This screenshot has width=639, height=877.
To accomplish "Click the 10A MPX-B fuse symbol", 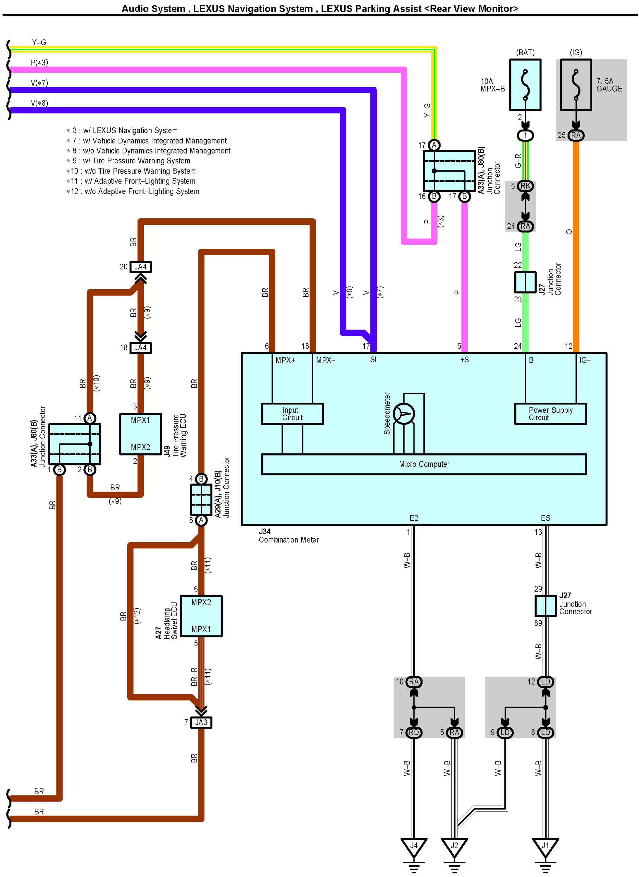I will [525, 85].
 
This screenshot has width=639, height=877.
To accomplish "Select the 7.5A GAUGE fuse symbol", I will [576, 85].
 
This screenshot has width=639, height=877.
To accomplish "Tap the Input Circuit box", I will [292, 414].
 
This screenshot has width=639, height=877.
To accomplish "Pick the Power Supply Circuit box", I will [550, 414].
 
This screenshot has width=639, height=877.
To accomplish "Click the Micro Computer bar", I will [424, 464].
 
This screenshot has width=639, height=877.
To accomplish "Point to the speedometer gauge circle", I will [404, 414].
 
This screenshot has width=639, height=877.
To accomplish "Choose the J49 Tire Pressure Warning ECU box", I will [140, 434].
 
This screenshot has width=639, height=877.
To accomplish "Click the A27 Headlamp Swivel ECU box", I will [201, 616].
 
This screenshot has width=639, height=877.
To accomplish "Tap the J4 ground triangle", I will [414, 846].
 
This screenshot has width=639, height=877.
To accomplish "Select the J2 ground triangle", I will [454, 846].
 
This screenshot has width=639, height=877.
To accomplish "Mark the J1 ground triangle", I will [545, 846].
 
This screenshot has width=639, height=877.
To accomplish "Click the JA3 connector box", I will [201, 722].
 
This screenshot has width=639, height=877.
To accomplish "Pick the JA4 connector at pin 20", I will [140, 267].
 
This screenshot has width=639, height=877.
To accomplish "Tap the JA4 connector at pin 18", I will [140, 348].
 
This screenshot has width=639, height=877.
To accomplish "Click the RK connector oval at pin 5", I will [525, 186].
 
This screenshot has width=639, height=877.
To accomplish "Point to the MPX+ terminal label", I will [285, 360].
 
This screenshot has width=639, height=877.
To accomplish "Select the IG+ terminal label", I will [585, 360].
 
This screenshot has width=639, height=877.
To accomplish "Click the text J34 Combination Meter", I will [288, 536].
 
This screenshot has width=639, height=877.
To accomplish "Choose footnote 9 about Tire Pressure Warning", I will [132, 161].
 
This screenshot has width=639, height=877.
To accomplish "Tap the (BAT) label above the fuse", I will [525, 53].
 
